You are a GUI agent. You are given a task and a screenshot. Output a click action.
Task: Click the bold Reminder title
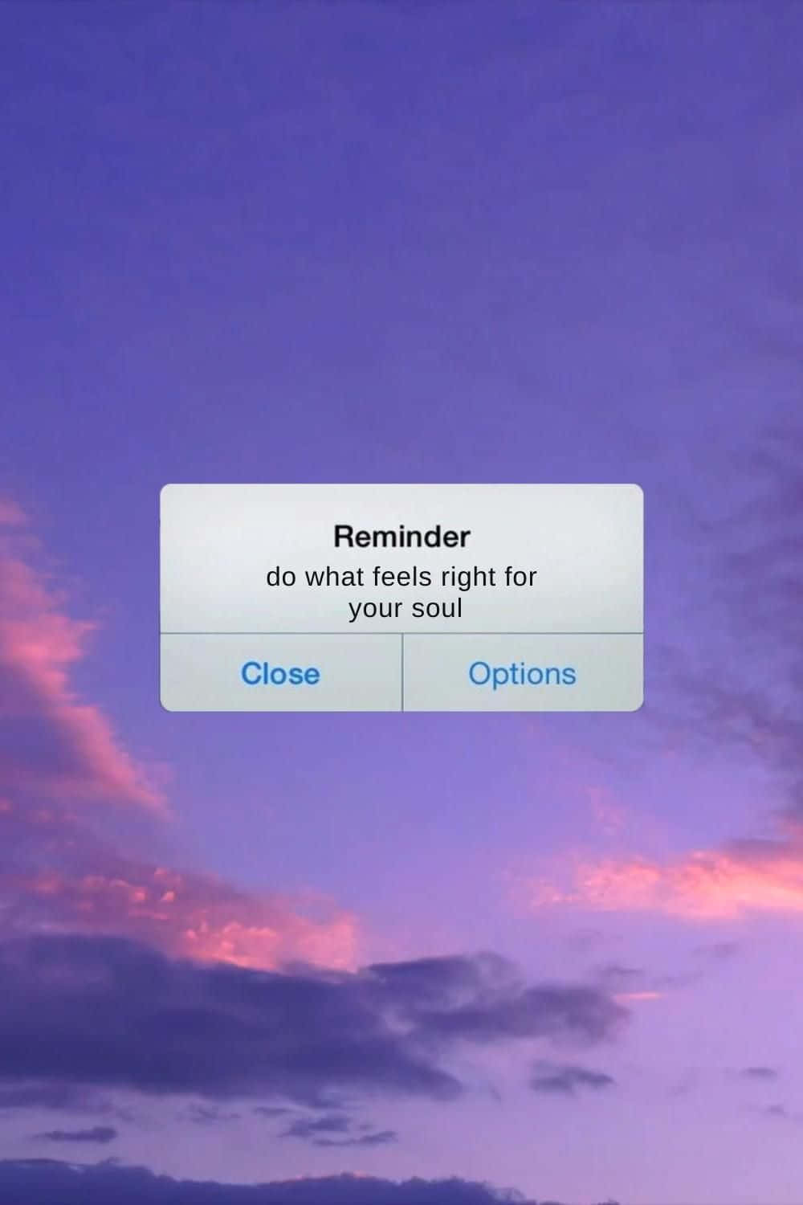(x=401, y=537)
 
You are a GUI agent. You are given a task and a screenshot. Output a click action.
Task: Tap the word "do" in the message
(x=281, y=577)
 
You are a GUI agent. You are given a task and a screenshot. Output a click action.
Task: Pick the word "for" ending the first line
(x=520, y=577)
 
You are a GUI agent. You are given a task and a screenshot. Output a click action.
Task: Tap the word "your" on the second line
(x=376, y=610)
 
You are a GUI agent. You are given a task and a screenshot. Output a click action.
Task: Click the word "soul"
(x=437, y=608)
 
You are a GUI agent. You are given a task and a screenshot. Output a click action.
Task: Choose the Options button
(x=522, y=673)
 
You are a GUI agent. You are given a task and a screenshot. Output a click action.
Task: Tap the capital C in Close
(x=252, y=673)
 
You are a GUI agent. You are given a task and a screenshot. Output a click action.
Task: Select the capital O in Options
(x=479, y=673)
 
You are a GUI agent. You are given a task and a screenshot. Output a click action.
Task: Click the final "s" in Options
(x=569, y=675)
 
